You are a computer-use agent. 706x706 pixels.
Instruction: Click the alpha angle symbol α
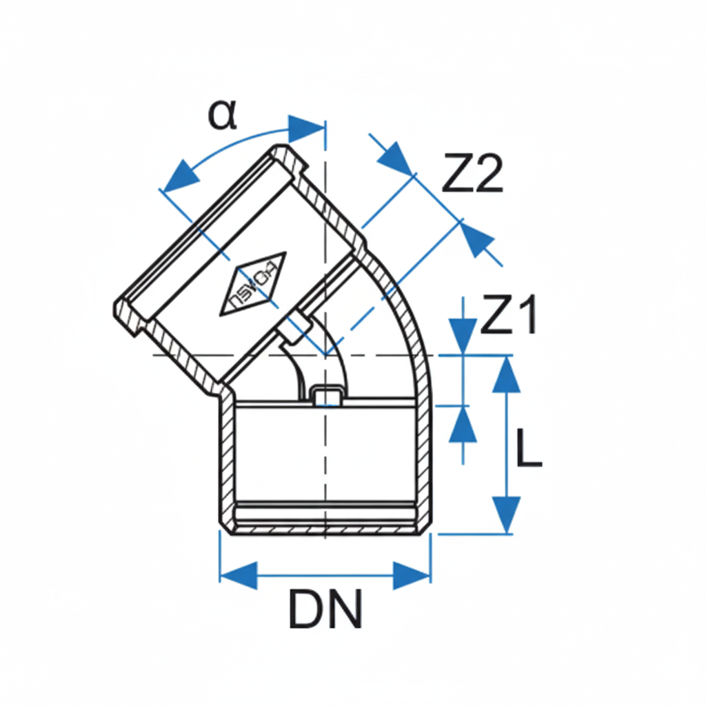click(222, 115)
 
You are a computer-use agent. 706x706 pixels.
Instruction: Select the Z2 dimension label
click(472, 175)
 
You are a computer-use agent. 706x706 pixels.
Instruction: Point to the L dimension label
click(529, 452)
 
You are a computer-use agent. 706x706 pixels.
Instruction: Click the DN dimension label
click(325, 609)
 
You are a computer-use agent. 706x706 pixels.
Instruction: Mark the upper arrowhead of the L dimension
click(507, 375)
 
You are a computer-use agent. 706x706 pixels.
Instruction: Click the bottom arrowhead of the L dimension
click(507, 514)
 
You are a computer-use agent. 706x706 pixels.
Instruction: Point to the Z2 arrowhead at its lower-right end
click(477, 239)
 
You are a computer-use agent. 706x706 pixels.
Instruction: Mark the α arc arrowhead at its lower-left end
click(176, 176)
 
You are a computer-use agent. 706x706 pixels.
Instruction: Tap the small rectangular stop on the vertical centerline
click(325, 396)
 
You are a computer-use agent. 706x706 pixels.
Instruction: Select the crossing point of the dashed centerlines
click(325, 355)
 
